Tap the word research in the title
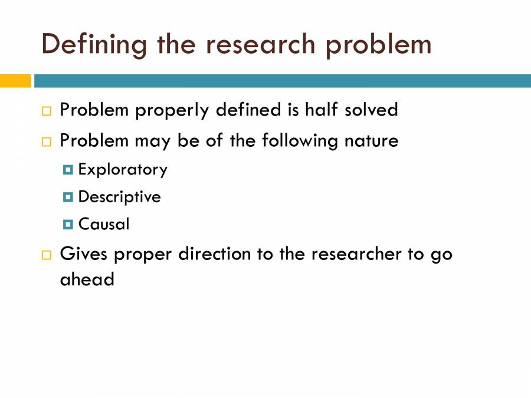click(x=256, y=45)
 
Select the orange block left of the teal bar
click(x=15, y=81)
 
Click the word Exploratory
click(x=123, y=170)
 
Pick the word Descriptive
click(x=119, y=197)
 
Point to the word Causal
click(x=104, y=224)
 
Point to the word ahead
click(x=87, y=279)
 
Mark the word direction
click(x=215, y=254)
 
